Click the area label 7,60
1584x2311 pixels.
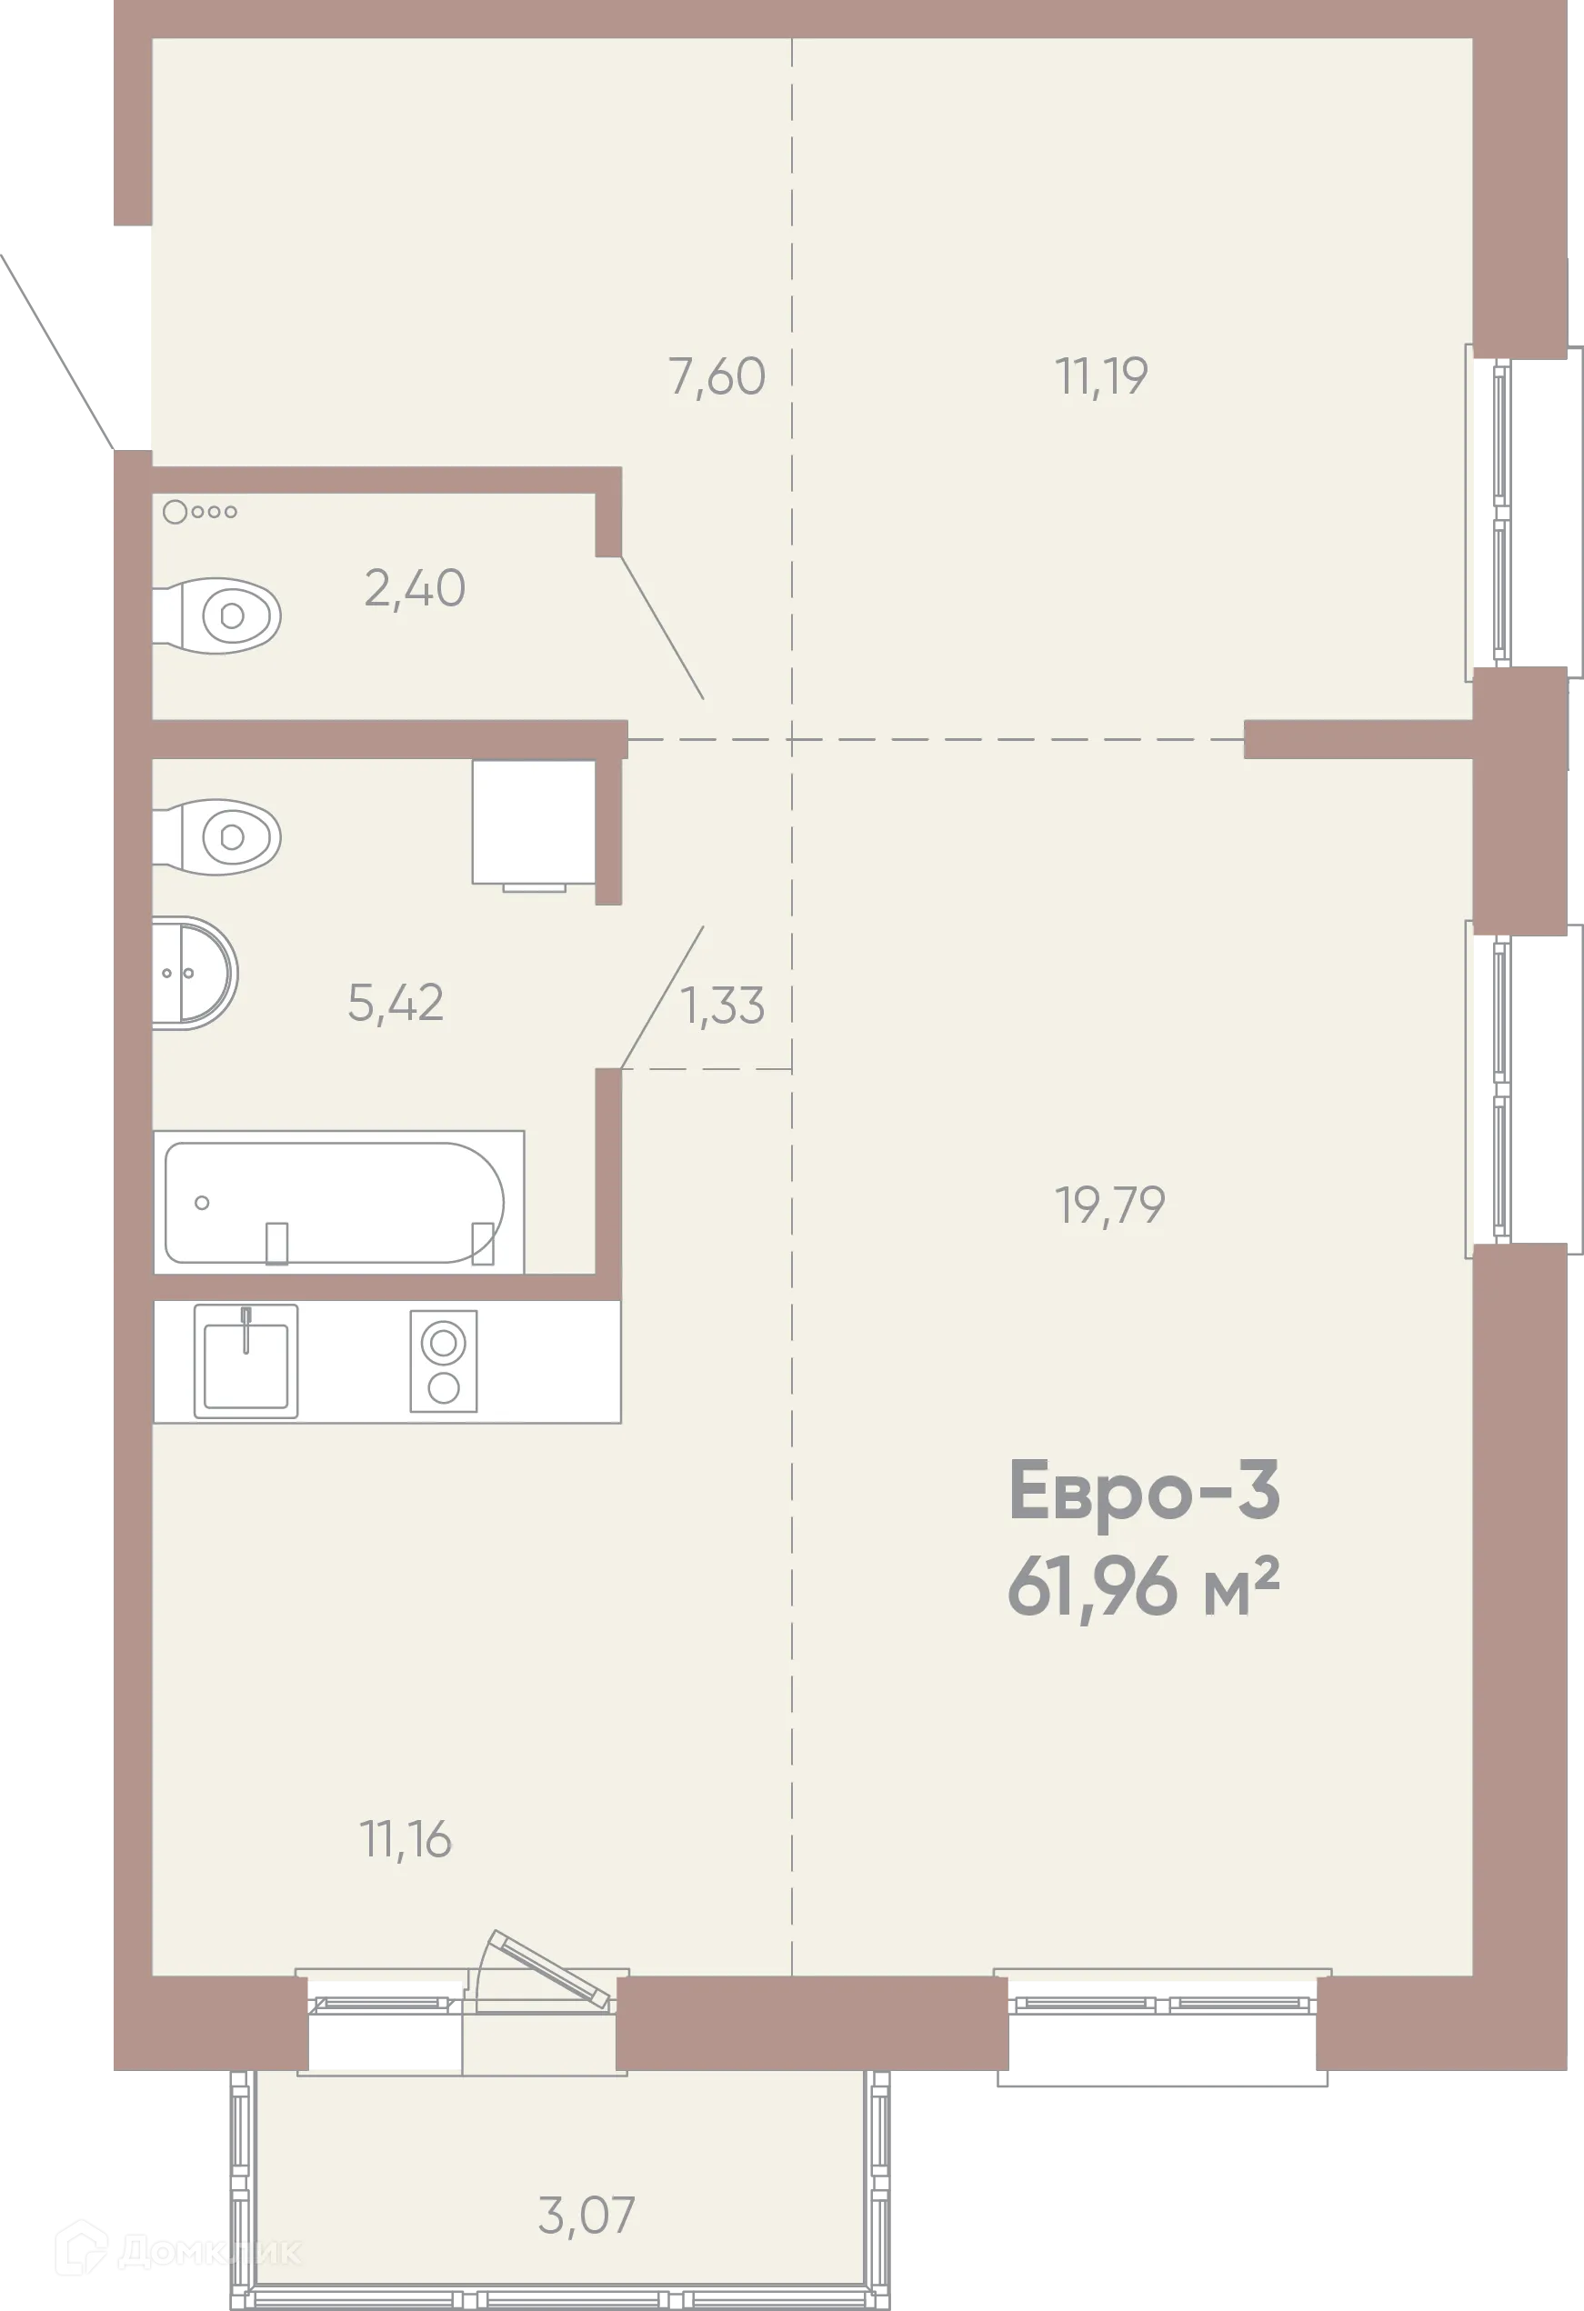point(717,377)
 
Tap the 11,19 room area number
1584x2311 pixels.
point(1101,377)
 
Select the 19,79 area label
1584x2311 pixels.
point(1109,1206)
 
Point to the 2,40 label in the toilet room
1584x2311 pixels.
point(414,589)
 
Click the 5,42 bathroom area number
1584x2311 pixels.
point(395,1003)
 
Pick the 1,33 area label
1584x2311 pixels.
point(722,1005)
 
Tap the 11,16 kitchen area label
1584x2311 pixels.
point(405,1840)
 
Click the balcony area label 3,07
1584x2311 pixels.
point(586,2216)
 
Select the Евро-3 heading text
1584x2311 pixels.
point(1144,1492)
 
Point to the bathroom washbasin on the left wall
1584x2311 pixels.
point(193,973)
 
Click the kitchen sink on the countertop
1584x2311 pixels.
point(246,1360)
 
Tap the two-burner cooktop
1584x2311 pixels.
point(444,1361)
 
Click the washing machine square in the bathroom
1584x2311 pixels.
point(534,821)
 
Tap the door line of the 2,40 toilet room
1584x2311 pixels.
point(662,627)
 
